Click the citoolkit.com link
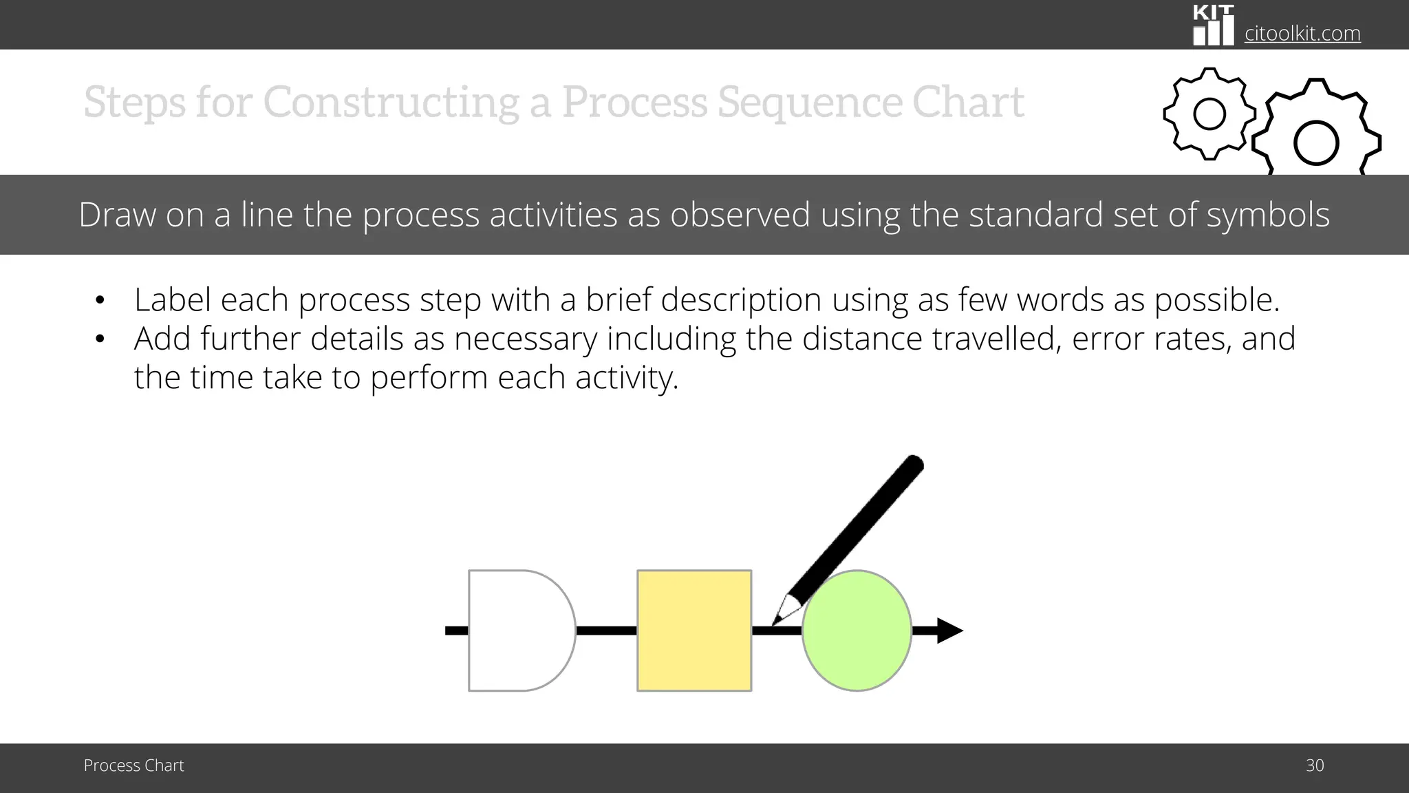1302,33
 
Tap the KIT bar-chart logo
1213,26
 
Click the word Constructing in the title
391,103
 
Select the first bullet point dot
100,301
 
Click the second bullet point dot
100,339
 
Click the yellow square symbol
693,630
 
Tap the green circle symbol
857,630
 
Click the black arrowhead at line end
949,630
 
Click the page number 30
1314,765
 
